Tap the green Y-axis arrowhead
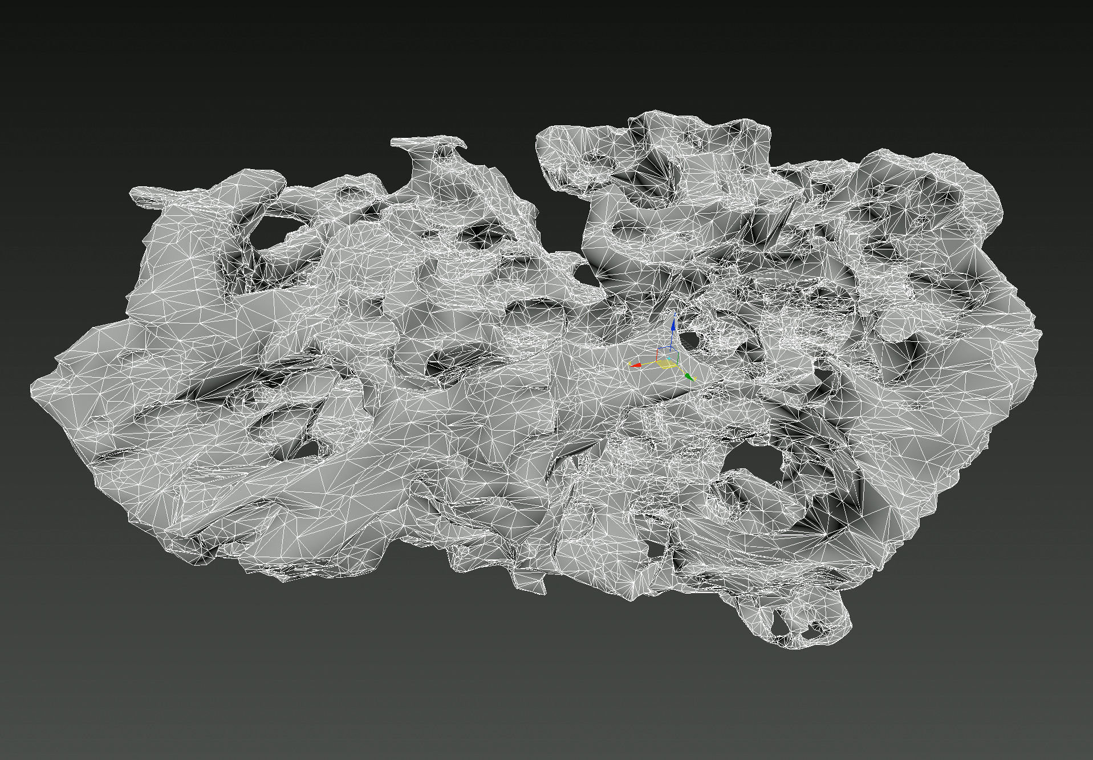click(x=689, y=376)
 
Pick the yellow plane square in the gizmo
click(x=666, y=363)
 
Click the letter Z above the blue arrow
click(x=675, y=314)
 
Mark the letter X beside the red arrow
click(x=629, y=363)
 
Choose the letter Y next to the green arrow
click(x=695, y=378)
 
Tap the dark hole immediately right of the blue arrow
click(x=690, y=340)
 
